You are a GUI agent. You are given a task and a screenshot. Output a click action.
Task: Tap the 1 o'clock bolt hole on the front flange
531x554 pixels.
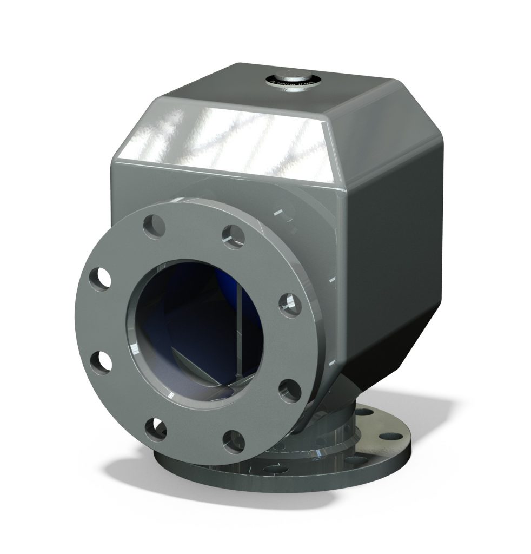click(x=233, y=236)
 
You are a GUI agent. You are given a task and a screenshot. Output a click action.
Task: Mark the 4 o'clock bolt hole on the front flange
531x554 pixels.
click(x=289, y=389)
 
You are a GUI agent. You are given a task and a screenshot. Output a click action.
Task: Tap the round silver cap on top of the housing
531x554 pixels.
click(x=293, y=80)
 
